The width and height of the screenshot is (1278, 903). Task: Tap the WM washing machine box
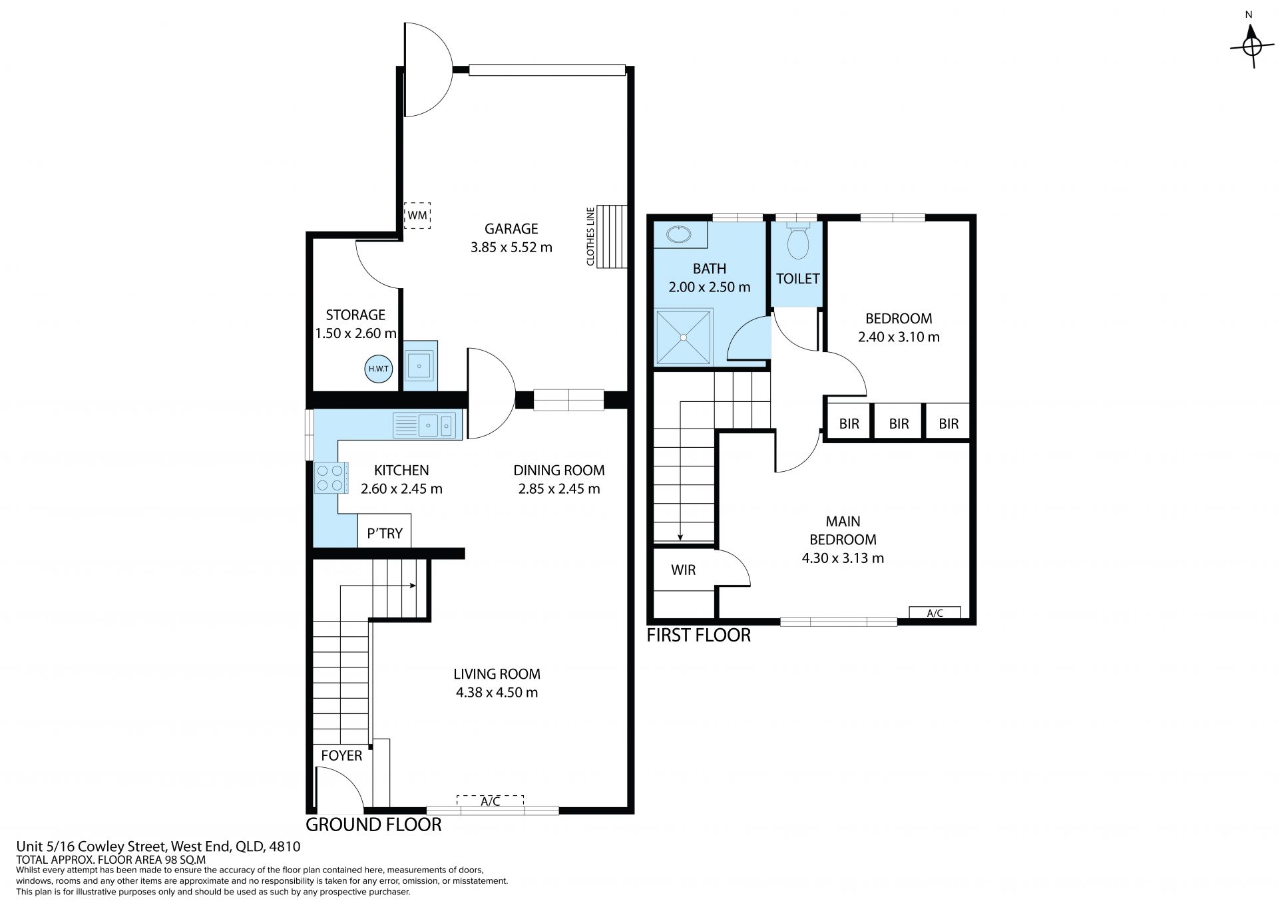[x=417, y=215]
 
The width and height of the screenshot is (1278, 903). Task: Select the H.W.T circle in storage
[x=379, y=369]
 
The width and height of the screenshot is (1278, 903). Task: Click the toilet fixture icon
[x=797, y=240]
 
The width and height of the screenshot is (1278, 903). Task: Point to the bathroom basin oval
[x=678, y=235]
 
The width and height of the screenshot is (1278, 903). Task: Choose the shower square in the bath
[x=684, y=337]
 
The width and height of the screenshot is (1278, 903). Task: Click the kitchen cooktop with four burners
[x=331, y=478]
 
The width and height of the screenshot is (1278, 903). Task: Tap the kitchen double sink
[x=427, y=425]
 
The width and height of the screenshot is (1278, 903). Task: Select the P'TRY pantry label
[x=385, y=533]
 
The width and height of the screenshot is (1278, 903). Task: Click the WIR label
[x=684, y=570]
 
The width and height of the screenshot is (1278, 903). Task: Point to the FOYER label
[x=341, y=755]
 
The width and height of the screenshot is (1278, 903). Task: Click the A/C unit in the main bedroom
[x=935, y=613]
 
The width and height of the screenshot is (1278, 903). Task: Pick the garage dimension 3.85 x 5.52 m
[x=511, y=248]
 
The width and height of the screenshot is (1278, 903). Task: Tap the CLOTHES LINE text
[x=590, y=235]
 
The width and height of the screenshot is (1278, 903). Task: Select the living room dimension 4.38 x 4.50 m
[x=497, y=692]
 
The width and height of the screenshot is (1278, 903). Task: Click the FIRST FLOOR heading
[x=698, y=635]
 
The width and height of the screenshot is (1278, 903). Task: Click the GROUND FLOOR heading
[x=373, y=825]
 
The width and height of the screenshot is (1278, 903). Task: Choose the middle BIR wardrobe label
[x=899, y=424]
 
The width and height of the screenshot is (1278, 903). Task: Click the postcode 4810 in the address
[x=286, y=847]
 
